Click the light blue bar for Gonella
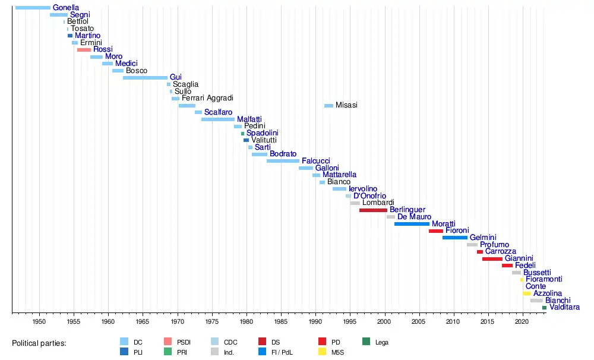click(x=33, y=8)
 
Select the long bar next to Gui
click(x=145, y=78)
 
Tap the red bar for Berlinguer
click(x=373, y=210)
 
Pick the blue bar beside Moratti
click(x=412, y=224)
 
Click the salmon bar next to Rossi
click(x=84, y=50)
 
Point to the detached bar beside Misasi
click(x=328, y=106)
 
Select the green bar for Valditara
click(x=544, y=308)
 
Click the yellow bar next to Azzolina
click(x=527, y=293)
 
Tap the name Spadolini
click(x=263, y=133)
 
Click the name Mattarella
click(x=339, y=175)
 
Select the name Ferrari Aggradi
click(x=207, y=98)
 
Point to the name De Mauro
click(x=414, y=217)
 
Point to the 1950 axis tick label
click(x=39, y=321)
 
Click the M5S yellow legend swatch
click(x=324, y=352)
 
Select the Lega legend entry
click(x=381, y=342)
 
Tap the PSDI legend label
click(x=184, y=342)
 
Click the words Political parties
click(x=39, y=343)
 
